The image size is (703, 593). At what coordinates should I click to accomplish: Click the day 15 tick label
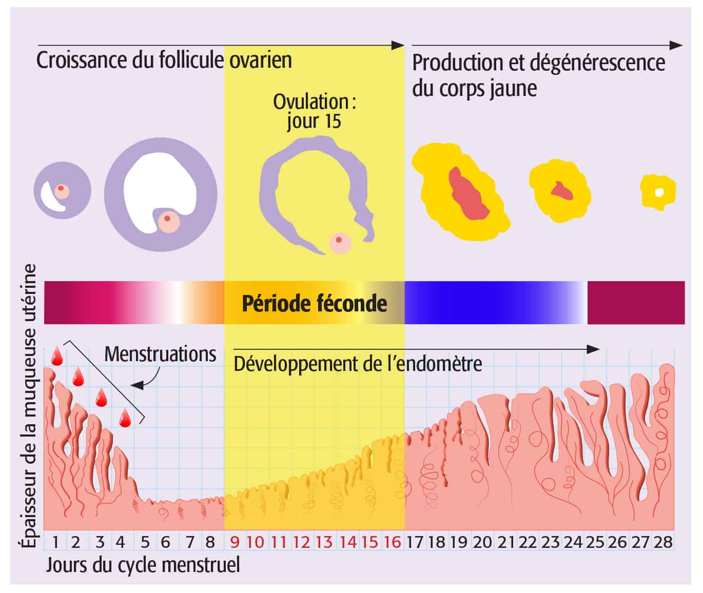pos(370,542)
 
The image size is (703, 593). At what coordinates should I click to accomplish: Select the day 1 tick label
pos(55,542)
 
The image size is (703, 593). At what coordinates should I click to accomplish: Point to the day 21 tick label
pos(506,542)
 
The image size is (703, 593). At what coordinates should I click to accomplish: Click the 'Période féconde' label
pos(314,303)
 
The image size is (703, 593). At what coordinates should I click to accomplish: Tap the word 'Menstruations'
pos(160,354)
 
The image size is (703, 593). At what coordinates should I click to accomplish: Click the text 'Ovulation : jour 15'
pos(314,111)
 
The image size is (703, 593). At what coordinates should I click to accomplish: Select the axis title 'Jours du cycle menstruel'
pos(143,565)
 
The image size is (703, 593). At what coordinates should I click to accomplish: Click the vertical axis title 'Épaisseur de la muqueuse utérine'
pos(30,405)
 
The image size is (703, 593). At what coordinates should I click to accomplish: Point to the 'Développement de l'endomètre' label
pos(358,364)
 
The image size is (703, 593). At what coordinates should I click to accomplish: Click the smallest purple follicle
pos(62,190)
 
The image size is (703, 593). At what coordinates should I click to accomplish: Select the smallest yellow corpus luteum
pos(658,191)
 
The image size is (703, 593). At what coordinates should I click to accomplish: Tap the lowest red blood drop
pos(125,419)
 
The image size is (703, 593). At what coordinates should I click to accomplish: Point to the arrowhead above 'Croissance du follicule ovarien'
pos(398,45)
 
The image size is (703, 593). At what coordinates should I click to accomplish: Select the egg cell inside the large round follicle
pos(167,222)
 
